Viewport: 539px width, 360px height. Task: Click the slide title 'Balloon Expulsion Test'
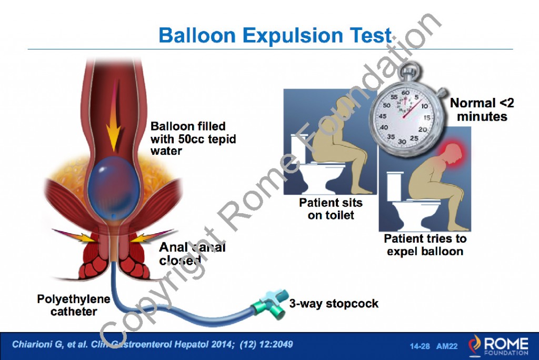275,35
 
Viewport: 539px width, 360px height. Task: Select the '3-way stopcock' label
334,304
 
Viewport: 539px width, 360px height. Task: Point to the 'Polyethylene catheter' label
74,305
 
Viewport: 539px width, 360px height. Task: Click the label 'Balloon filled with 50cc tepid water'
193,138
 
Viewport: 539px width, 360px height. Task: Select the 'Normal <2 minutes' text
482,109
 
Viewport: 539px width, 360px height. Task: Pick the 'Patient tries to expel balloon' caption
425,245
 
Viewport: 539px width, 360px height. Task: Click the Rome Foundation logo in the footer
498,345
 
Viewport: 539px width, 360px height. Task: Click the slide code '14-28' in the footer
420,346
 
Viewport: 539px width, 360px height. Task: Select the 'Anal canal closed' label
192,253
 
